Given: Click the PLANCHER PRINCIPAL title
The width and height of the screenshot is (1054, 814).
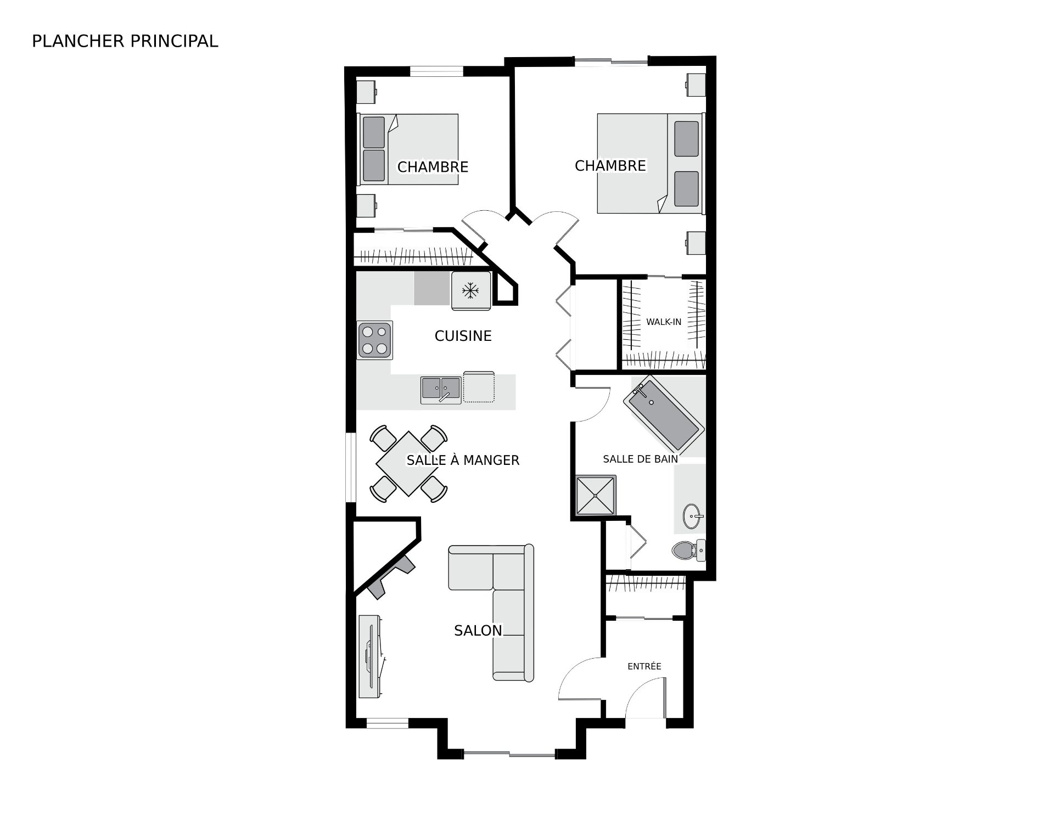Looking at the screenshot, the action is click(x=125, y=41).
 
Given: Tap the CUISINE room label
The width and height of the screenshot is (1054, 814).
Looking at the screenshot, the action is click(x=463, y=336).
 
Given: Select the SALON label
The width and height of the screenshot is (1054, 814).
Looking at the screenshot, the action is click(x=478, y=631).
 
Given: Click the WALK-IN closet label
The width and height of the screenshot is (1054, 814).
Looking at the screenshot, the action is click(x=664, y=322).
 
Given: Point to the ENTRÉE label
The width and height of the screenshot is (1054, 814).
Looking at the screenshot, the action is click(x=644, y=666).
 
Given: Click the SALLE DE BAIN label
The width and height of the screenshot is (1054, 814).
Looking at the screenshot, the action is click(x=640, y=459).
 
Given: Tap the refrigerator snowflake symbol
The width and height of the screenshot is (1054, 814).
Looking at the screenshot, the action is click(x=469, y=290).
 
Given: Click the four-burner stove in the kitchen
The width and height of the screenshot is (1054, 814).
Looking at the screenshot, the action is click(x=374, y=340).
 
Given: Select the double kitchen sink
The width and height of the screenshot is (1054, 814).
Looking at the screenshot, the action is click(x=441, y=390).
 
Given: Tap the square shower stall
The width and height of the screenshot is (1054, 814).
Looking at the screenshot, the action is click(x=595, y=496).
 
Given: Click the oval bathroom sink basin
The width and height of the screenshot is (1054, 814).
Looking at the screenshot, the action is click(x=692, y=516).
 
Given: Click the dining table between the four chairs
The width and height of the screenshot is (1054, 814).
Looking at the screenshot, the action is click(x=408, y=464).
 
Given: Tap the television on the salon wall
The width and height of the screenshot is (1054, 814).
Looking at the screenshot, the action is click(x=370, y=664).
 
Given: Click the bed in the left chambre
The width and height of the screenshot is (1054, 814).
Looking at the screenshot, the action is click(x=408, y=149).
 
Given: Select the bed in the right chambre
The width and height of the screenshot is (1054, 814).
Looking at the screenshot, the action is click(x=650, y=163).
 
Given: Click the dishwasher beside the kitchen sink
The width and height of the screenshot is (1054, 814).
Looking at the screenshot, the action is click(x=479, y=387).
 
